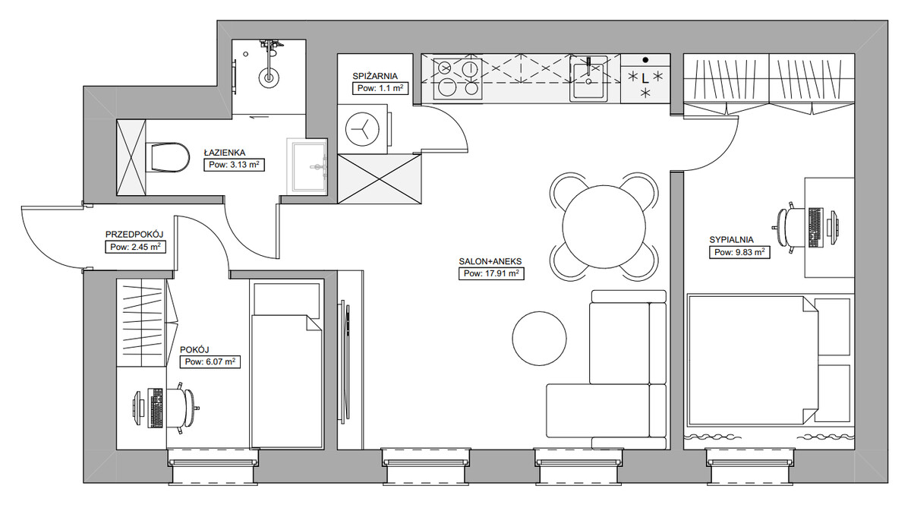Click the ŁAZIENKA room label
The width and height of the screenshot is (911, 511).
click(225, 153)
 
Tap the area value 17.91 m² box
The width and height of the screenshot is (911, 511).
click(491, 274)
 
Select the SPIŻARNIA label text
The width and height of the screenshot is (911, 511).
click(375, 76)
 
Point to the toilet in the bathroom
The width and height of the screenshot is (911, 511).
click(167, 156)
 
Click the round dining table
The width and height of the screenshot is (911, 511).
click(604, 226)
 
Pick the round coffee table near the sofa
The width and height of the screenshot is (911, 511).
click(539, 338)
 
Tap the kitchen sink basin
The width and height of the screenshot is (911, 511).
click(588, 78)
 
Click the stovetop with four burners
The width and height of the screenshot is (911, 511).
click(458, 79)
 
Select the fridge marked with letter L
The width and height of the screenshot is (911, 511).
click(645, 78)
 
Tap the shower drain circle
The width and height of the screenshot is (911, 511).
click(269, 77)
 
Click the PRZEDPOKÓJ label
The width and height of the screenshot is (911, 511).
click(134, 235)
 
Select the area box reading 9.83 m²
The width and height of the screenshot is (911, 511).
click(739, 252)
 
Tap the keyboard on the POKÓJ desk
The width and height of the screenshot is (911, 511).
click(156, 408)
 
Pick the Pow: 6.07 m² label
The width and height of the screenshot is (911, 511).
click(210, 361)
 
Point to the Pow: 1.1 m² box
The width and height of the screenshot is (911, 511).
click(380, 88)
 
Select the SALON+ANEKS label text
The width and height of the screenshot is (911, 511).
click(490, 262)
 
